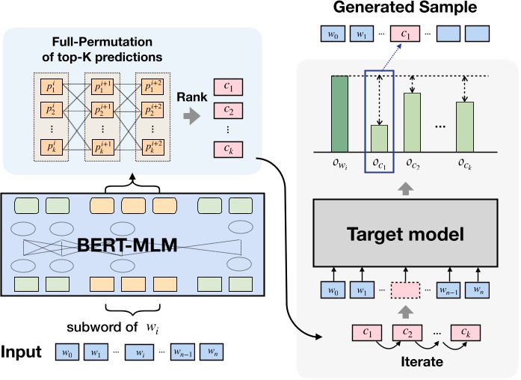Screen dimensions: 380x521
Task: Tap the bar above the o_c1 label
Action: pyautogui.click(x=380, y=138)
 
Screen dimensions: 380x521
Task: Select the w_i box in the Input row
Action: pyautogui.click(x=139, y=352)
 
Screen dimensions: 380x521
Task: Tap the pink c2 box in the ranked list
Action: pyautogui.click(x=227, y=111)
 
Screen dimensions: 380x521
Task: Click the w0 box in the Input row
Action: pyautogui.click(x=70, y=352)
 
